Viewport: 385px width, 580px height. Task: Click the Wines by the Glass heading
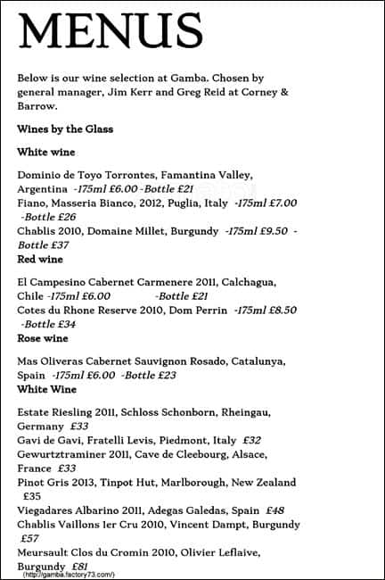65,129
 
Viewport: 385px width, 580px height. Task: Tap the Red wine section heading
40,259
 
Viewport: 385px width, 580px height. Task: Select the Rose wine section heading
43,339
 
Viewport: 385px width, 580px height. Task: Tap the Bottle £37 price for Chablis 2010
44,244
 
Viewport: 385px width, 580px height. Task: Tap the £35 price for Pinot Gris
32,496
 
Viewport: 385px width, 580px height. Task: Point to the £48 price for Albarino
274,510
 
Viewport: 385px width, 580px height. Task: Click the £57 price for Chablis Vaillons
30,539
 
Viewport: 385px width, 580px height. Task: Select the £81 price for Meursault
78,567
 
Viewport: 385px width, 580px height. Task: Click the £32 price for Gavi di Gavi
251,440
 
